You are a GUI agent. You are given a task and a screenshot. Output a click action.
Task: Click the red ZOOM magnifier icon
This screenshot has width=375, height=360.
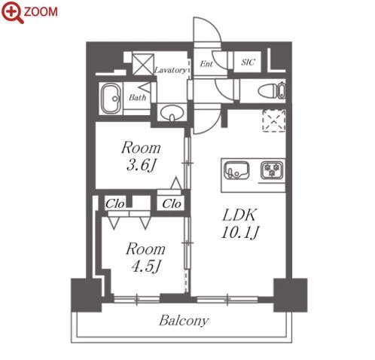(13, 13)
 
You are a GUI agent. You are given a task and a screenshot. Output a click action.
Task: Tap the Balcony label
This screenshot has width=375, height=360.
(184, 321)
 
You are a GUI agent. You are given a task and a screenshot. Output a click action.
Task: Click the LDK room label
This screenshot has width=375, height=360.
(239, 215)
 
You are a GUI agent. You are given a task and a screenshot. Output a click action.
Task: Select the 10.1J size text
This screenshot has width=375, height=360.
(239, 233)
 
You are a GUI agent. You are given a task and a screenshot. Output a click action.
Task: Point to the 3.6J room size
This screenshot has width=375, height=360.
(142, 166)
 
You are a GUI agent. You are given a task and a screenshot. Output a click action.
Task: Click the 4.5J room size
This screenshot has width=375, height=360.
(146, 267)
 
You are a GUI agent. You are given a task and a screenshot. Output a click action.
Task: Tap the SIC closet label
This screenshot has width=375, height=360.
(248, 62)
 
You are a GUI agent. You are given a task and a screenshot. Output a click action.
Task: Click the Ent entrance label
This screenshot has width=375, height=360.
(206, 64)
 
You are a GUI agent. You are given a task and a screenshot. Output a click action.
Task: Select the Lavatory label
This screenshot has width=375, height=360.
(171, 70)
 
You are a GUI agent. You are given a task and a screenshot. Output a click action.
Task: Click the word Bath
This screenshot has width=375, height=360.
(138, 97)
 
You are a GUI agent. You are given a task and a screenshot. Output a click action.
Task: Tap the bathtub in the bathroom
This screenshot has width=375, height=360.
(111, 99)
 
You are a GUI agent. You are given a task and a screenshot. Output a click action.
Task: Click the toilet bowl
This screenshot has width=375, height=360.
(272, 90)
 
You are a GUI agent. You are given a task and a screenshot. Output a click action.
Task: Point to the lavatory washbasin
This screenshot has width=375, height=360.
(172, 113)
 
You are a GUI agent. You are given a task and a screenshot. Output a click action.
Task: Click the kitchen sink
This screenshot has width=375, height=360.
(236, 170)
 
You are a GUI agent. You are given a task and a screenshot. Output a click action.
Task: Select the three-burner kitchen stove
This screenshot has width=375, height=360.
(272, 170)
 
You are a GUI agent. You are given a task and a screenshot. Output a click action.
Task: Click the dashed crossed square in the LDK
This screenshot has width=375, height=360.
(274, 121)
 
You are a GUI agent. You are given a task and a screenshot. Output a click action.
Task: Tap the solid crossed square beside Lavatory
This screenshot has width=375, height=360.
(143, 64)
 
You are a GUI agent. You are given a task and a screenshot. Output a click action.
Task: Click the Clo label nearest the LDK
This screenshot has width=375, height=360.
(172, 203)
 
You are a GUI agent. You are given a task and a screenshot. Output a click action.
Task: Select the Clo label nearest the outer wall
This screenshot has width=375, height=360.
(114, 204)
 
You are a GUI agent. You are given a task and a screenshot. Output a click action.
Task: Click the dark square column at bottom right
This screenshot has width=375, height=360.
(290, 295)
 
